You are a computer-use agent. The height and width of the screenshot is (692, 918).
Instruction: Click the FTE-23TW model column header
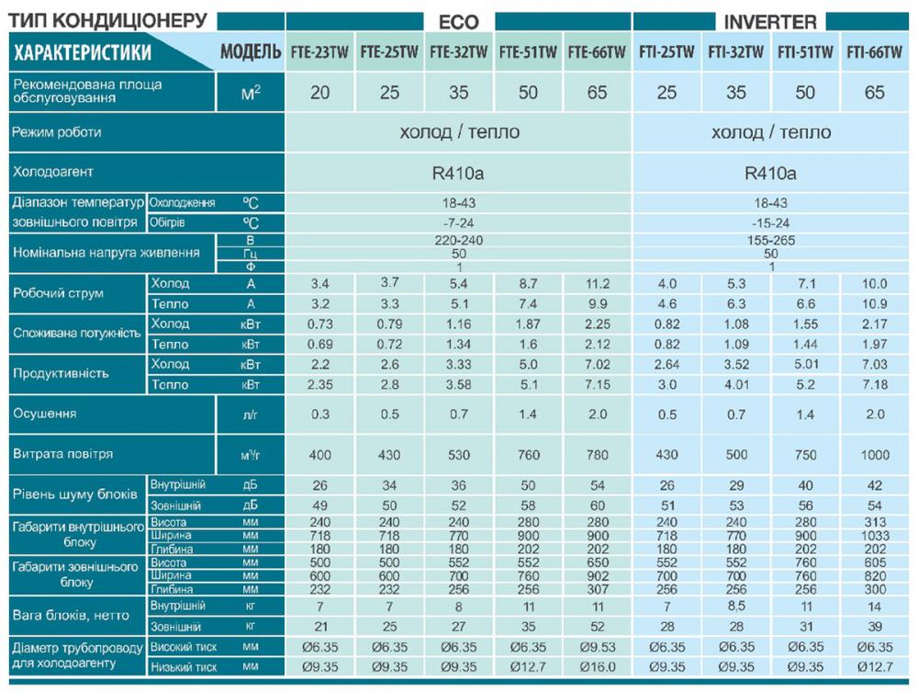coord(319,52)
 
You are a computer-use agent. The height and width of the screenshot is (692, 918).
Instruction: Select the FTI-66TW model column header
coord(874,52)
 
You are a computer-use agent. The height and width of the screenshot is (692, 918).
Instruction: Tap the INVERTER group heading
coord(770,21)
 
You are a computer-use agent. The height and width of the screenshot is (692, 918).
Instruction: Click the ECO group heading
coord(459,21)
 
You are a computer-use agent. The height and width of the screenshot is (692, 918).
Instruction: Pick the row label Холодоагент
coord(52,172)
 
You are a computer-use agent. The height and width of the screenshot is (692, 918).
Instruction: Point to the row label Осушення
coord(44,414)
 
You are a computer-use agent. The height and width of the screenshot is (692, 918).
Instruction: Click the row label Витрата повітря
coord(63,454)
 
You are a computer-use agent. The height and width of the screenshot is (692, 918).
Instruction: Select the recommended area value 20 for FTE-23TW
coord(319,93)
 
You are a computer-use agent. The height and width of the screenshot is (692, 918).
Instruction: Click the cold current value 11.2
coord(597,284)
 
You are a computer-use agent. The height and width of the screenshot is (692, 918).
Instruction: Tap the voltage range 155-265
coord(771,240)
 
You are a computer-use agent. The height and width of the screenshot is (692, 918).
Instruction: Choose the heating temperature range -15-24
coord(771,222)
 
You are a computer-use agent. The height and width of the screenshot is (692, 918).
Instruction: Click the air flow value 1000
coord(874,454)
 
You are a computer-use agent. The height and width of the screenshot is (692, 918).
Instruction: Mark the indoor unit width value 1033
coord(874,535)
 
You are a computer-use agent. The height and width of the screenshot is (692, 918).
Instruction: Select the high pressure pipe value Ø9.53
coord(597,647)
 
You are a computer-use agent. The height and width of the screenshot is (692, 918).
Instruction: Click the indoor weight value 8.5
coord(735,607)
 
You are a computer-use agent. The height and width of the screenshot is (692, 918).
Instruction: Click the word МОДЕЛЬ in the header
coord(251,52)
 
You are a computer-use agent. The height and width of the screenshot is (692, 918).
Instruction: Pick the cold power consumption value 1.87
coord(528,324)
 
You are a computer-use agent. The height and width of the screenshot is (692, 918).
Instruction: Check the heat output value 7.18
coord(874,384)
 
